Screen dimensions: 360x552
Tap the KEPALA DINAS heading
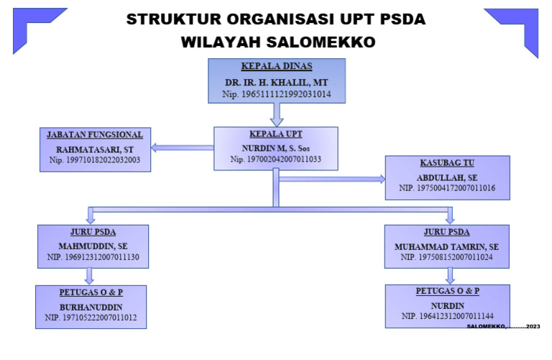277,67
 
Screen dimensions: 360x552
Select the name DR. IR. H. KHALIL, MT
276,82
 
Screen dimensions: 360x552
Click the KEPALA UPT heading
276,134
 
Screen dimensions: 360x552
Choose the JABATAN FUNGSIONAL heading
95,134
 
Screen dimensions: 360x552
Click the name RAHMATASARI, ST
95,149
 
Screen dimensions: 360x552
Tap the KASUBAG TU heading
447,163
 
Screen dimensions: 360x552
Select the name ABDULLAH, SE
447,177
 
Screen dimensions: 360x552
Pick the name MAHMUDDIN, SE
93,245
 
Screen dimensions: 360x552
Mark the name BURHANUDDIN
91,306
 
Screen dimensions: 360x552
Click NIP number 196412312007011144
447,315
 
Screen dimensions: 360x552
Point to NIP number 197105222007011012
91,316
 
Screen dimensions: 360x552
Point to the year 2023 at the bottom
533,327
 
